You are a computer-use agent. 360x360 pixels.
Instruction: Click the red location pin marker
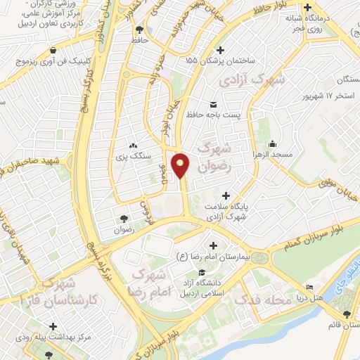point(181,165)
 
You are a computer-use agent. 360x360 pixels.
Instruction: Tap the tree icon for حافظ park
point(138,30)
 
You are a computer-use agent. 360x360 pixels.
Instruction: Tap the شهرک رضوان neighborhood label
point(216,157)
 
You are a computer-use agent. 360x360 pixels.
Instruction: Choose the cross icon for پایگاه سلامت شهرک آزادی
point(225,195)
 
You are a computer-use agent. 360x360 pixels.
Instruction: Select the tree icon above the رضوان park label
point(124,219)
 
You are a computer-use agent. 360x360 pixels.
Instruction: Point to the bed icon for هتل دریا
point(310,288)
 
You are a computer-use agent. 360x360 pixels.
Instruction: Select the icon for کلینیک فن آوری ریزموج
point(54,51)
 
